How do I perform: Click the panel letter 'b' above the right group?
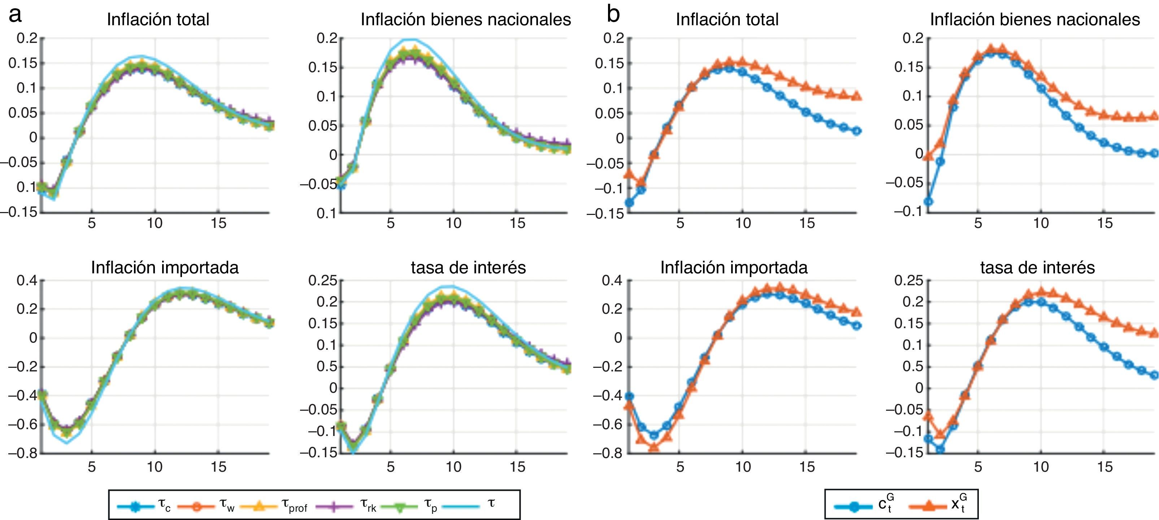[x=613, y=14]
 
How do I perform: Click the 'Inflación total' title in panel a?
[x=158, y=20]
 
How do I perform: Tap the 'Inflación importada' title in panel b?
[x=734, y=268]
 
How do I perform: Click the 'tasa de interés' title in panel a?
[x=468, y=268]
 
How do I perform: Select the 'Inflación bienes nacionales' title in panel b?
[x=1035, y=20]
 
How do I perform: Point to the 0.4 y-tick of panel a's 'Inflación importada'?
[x=27, y=281]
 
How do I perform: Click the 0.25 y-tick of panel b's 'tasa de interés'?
[x=908, y=281]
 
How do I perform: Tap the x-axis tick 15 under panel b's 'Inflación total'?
[x=807, y=223]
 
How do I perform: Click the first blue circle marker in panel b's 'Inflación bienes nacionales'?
[x=928, y=201]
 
